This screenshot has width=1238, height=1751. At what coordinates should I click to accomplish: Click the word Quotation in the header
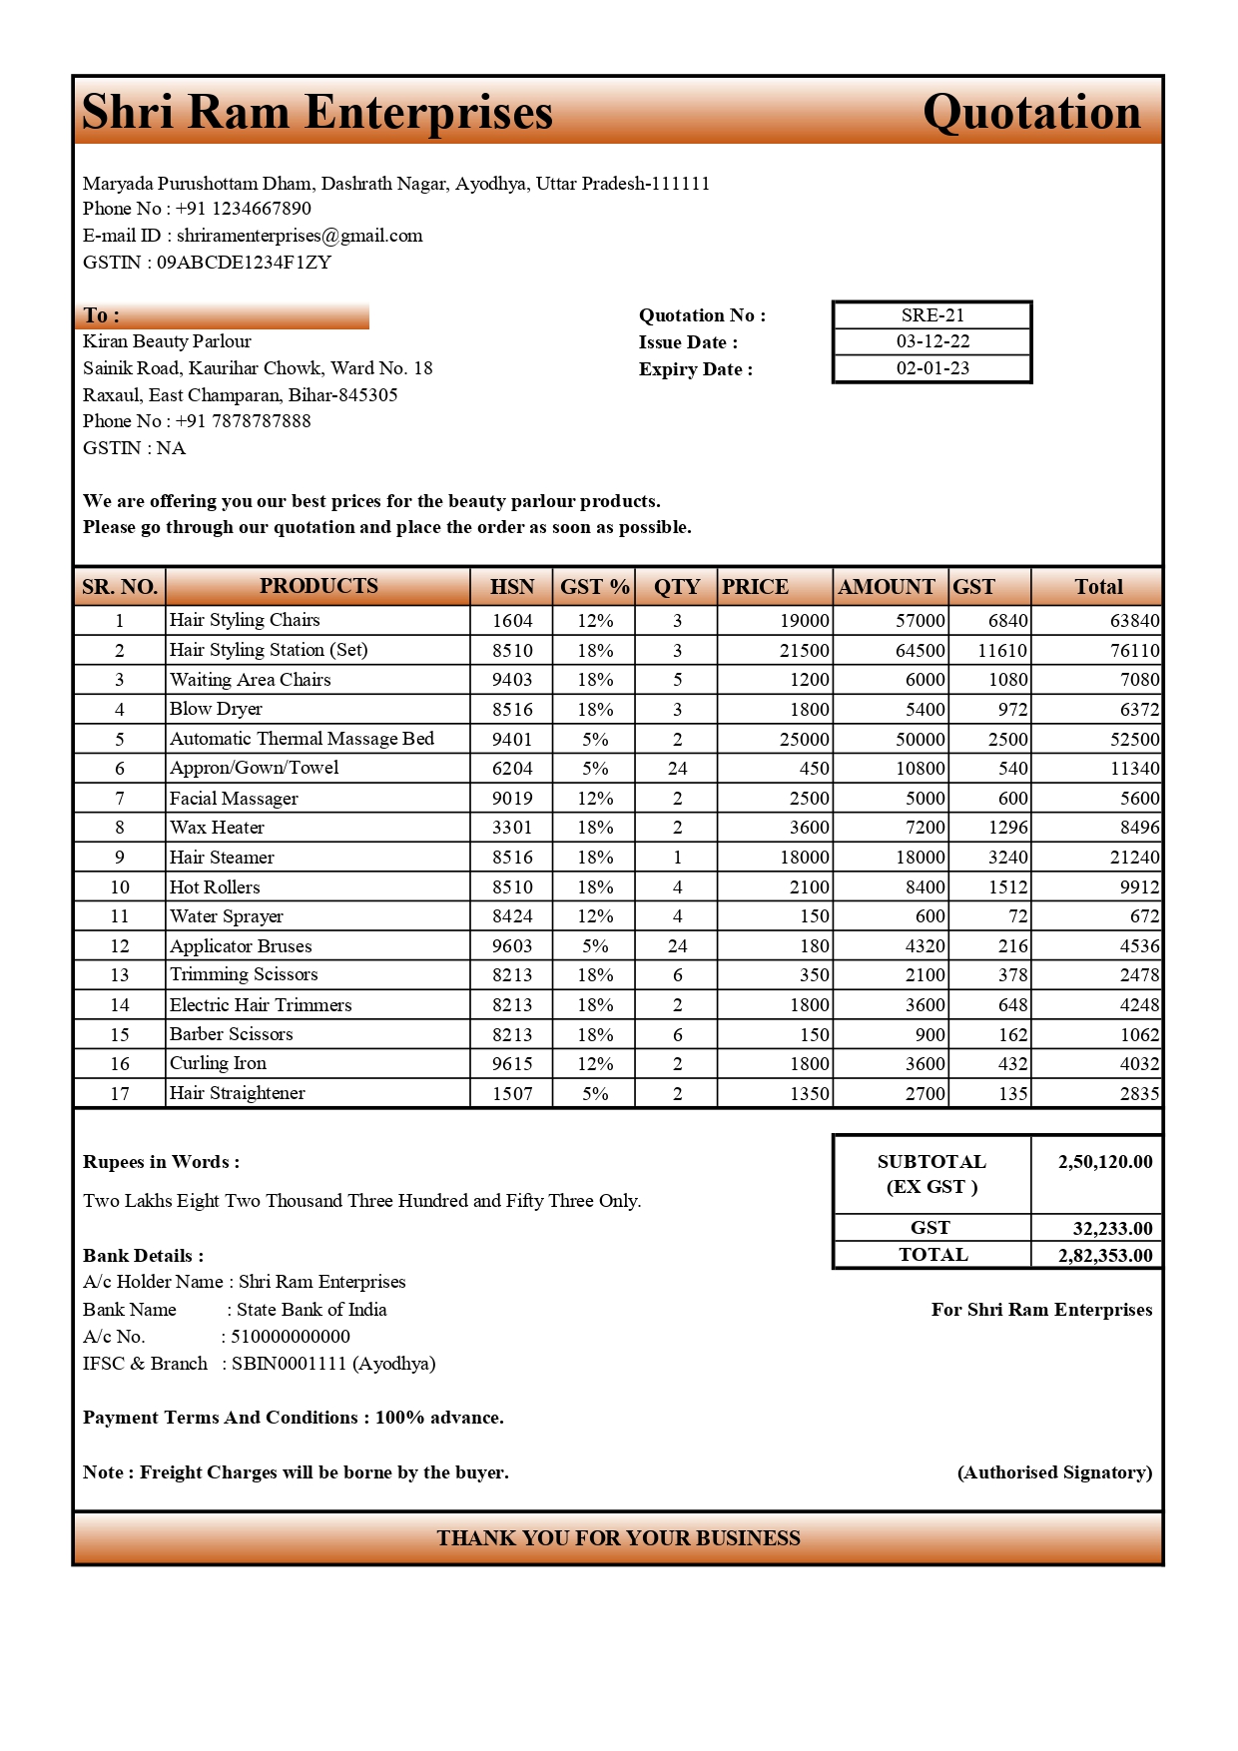point(1031,112)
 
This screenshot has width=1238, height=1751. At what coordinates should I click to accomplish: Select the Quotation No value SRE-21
point(932,315)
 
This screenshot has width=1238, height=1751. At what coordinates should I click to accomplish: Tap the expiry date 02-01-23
point(932,368)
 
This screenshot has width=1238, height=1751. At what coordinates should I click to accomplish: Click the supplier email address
point(300,236)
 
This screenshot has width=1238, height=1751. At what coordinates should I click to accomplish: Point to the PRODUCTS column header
point(318,586)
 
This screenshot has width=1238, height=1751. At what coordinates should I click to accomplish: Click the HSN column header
point(512,587)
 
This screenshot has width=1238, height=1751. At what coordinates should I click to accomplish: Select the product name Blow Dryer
point(216,709)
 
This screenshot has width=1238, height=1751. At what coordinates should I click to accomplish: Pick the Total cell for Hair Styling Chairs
point(1134,621)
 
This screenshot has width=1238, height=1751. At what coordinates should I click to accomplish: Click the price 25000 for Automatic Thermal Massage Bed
point(804,740)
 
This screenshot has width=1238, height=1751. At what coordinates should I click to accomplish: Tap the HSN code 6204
point(512,769)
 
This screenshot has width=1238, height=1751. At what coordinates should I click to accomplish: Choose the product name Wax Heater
point(217,828)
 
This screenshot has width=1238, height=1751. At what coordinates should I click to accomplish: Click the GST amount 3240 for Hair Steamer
point(1007,858)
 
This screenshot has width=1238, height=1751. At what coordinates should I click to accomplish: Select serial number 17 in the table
point(120,1094)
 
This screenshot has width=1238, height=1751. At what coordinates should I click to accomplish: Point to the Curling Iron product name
point(218,1063)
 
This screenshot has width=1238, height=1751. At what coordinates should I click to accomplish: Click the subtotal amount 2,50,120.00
point(1104,1162)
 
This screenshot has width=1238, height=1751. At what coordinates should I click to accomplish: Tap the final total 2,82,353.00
point(1104,1256)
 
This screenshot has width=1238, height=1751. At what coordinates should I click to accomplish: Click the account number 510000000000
point(291,1337)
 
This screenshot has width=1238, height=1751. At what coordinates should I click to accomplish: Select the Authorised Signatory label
point(1054,1472)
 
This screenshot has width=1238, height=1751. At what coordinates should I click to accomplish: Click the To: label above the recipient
point(101,315)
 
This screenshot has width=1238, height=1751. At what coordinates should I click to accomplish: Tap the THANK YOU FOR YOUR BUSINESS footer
point(618,1538)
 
